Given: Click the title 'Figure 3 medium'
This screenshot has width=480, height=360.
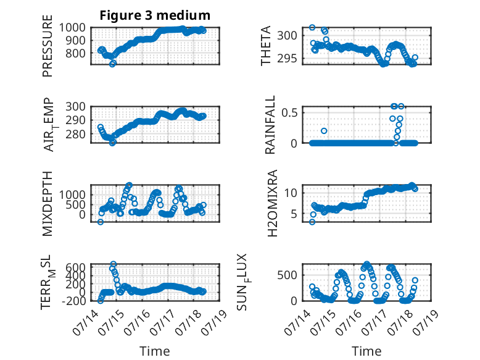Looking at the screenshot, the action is point(155,15).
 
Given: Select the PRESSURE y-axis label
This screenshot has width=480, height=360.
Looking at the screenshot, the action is point(48,46).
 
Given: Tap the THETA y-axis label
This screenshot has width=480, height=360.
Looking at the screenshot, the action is point(266,46).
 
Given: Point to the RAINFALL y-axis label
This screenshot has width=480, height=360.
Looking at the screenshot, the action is point(270,125).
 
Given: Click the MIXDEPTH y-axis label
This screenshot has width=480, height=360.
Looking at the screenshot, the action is point(48,204).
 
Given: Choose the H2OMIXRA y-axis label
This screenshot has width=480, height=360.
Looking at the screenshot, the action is point(272,203).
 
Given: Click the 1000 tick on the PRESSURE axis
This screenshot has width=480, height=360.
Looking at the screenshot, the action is point(72,28).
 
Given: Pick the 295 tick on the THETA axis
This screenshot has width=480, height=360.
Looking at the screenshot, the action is point(287,59).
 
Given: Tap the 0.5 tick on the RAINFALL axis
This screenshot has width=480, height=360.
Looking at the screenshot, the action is point(289,112).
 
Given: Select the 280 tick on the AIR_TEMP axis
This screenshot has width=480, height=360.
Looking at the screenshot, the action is point(75,134).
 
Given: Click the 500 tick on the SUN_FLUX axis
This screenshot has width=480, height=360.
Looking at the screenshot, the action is point(287,275).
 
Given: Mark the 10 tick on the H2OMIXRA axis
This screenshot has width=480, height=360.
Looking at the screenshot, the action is point(291,193).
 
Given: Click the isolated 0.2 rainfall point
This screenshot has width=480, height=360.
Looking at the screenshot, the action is point(324,131).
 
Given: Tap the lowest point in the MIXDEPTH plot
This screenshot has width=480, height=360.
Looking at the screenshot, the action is point(101,222).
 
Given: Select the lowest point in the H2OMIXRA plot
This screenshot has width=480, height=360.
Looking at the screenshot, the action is point(312,222).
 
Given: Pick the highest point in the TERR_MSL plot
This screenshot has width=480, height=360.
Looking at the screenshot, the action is point(114,264).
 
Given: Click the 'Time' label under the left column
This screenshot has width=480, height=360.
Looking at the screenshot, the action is point(155,351).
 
